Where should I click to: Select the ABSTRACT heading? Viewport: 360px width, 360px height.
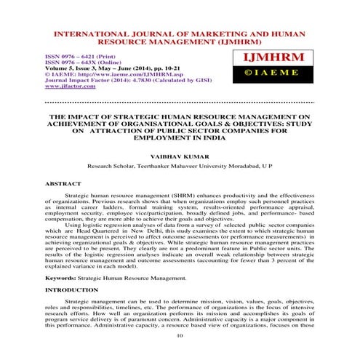(x=62, y=185)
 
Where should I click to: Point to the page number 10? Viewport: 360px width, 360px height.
(x=179, y=335)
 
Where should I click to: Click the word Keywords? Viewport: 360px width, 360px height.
(x=62, y=277)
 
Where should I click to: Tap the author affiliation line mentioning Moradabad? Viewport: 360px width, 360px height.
(x=179, y=166)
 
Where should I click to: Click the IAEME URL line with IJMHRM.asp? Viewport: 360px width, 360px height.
(x=112, y=73)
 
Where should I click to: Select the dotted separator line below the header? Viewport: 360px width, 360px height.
(x=179, y=103)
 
